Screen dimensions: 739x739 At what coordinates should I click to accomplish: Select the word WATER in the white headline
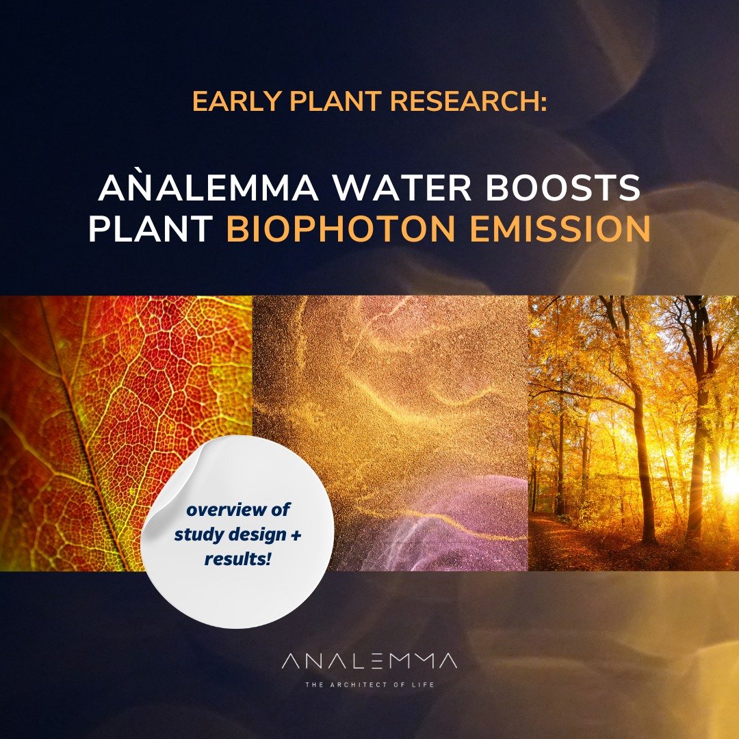pos(402,187)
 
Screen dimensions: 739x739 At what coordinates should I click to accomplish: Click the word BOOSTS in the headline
pos(562,187)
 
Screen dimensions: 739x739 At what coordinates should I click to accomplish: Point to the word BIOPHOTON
pos(341,229)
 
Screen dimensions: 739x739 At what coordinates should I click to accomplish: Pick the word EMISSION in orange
pos(560,229)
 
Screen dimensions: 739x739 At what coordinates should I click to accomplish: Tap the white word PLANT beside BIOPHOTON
pos(151,229)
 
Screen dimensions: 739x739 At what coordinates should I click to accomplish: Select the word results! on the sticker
pos(237,559)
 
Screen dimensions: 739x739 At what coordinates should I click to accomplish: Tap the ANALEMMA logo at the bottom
pos(369,661)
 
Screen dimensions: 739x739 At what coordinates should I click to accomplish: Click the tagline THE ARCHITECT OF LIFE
pos(369,684)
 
